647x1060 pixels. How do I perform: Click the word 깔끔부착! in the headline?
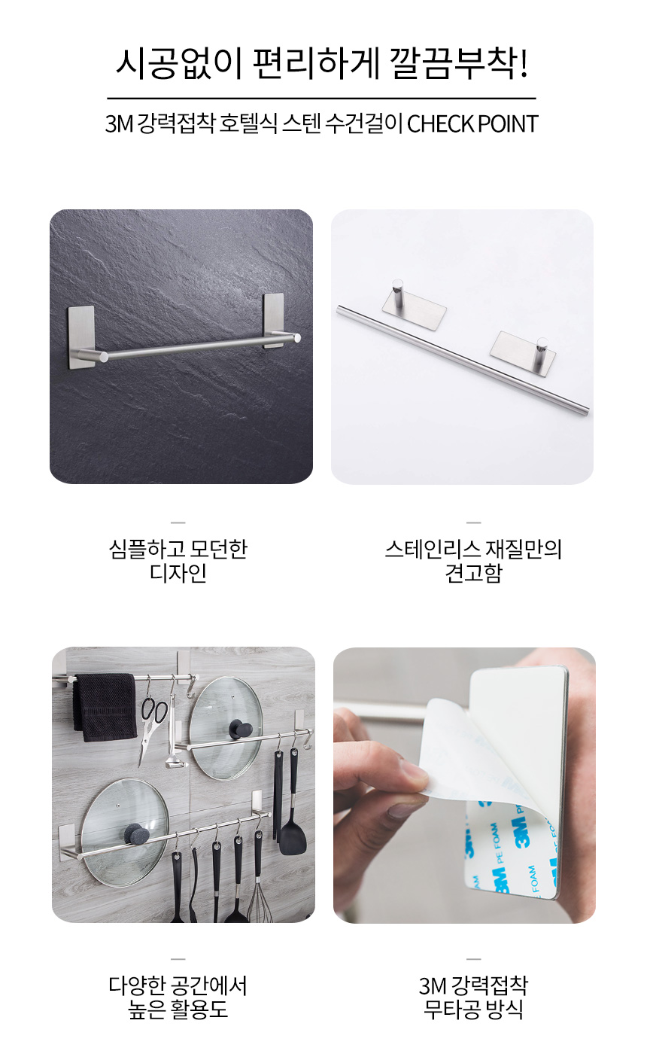(458, 63)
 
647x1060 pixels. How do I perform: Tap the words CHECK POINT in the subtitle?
(472, 124)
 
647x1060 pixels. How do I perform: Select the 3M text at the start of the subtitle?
(119, 124)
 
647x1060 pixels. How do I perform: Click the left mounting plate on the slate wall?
(81, 337)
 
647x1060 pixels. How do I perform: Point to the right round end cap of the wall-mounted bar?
(296, 338)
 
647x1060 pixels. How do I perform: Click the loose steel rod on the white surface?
(463, 361)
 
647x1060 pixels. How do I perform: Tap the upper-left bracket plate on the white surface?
(414, 307)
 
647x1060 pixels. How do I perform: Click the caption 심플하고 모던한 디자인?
(178, 561)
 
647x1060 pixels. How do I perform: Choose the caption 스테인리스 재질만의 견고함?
(473, 561)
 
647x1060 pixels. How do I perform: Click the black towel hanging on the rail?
(105, 707)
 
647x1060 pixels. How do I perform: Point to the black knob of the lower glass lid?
(134, 834)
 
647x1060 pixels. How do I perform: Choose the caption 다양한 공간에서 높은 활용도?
(178, 998)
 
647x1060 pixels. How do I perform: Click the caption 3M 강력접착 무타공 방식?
(473, 998)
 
